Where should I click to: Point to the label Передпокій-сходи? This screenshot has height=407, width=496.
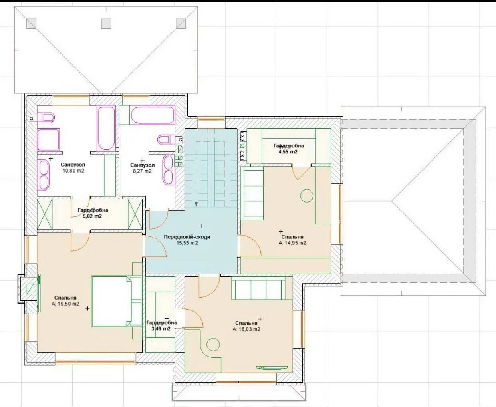click(187, 237)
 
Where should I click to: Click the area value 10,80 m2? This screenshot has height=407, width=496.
click(73, 171)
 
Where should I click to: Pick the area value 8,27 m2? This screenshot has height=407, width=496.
click(142, 171)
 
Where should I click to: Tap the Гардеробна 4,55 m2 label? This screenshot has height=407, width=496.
click(288, 149)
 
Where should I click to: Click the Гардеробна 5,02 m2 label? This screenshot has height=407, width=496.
click(93, 213)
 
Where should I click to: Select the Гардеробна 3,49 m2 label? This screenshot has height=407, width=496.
click(161, 326)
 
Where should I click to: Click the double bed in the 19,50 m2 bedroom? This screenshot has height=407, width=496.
click(117, 301)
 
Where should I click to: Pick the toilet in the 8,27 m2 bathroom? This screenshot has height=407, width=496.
click(169, 139)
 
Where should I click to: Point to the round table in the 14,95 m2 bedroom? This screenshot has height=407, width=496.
click(307, 196)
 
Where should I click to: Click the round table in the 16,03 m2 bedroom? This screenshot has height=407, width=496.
click(213, 345)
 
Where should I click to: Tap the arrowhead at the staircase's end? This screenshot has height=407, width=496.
click(196, 204)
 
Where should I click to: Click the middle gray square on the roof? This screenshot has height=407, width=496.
click(106, 24)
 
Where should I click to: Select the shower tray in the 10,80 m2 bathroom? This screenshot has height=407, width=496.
click(48, 139)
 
